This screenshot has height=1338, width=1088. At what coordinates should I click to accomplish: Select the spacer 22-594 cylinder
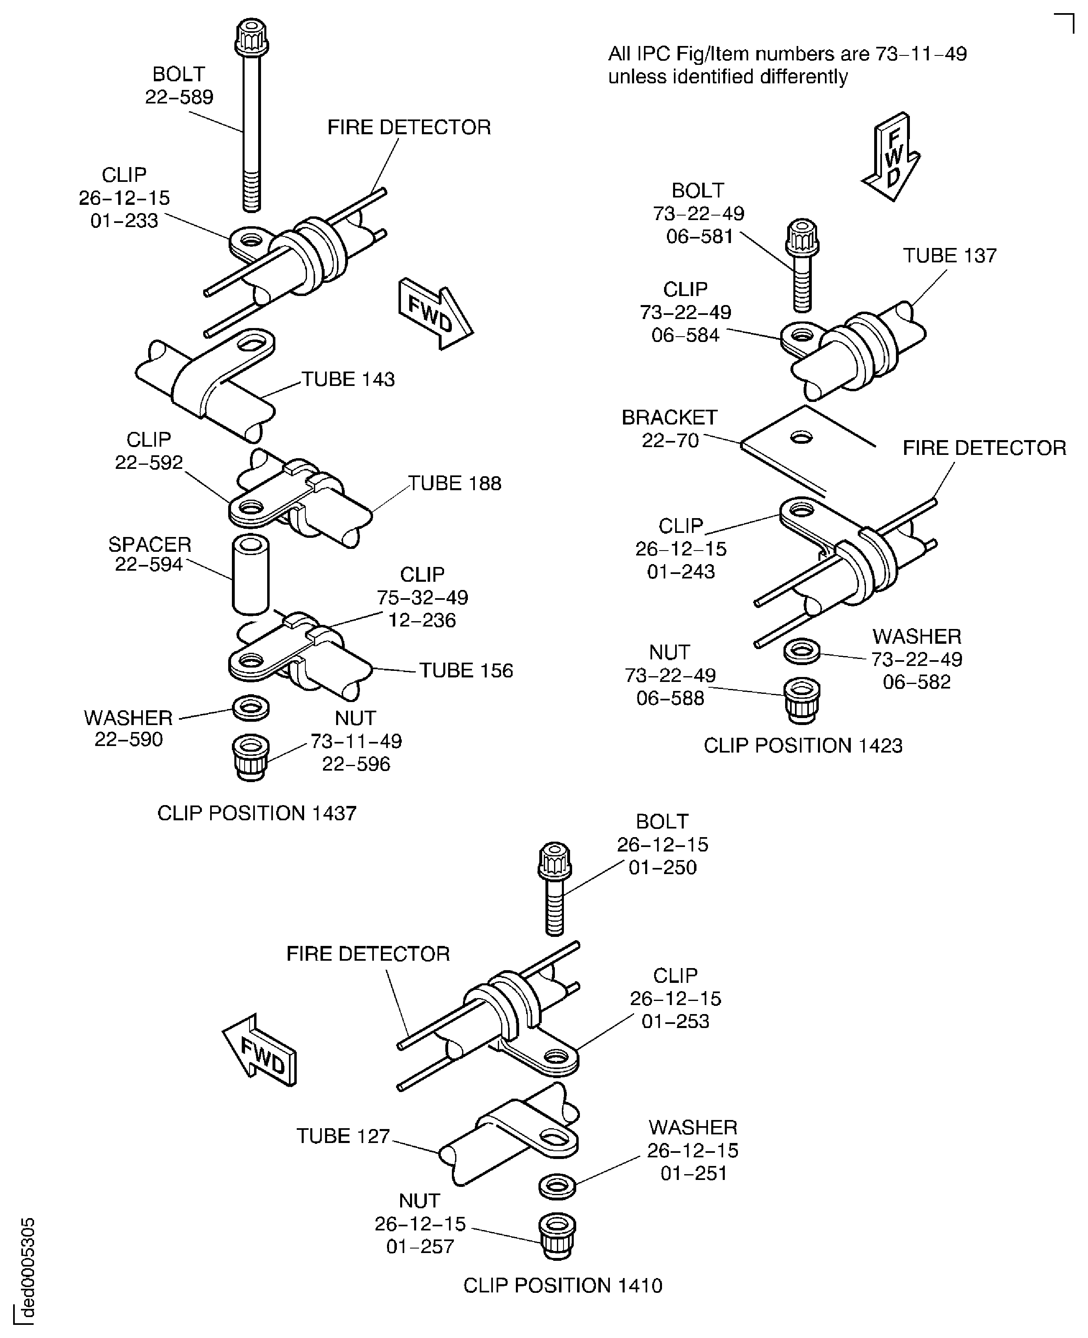pyautogui.click(x=251, y=574)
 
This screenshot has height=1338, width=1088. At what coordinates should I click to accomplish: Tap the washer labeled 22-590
pyautogui.click(x=251, y=707)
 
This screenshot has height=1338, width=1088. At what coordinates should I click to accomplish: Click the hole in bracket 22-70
pyautogui.click(x=801, y=437)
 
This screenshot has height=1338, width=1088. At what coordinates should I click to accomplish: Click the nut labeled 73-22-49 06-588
pyautogui.click(x=802, y=699)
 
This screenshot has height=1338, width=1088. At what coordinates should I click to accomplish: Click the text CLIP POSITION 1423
pyautogui.click(x=802, y=746)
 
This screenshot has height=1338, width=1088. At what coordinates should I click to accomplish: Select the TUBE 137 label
pyautogui.click(x=949, y=256)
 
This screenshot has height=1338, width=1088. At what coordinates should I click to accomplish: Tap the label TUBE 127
pyautogui.click(x=343, y=1136)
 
